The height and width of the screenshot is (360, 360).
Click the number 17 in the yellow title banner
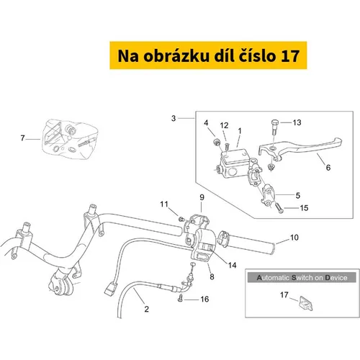[289, 56]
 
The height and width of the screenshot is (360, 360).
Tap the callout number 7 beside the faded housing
[22, 138]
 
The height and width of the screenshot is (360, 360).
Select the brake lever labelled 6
[300, 148]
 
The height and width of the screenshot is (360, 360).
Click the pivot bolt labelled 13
[276, 127]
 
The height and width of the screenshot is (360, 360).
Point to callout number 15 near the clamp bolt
[304, 208]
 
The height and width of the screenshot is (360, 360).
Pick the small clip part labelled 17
[306, 303]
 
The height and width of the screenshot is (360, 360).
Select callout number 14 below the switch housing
[232, 265]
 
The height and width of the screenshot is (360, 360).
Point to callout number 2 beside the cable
[147, 309]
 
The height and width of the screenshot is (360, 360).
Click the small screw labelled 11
[182, 219]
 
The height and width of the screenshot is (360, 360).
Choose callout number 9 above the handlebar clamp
[202, 197]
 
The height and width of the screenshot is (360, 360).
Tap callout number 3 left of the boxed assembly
[174, 118]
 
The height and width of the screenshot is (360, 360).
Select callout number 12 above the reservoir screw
[225, 125]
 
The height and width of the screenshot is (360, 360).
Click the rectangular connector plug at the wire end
[111, 289]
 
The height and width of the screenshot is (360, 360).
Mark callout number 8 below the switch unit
[212, 276]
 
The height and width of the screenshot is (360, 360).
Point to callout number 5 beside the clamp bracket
[298, 195]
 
